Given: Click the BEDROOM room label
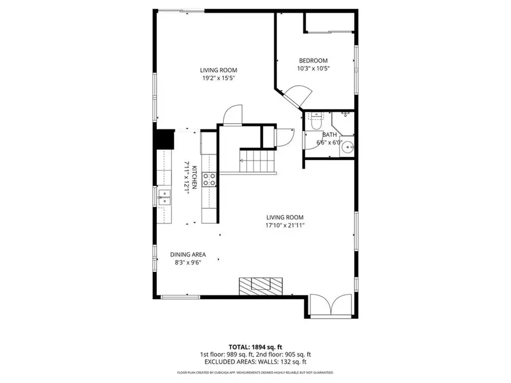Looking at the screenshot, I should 313,61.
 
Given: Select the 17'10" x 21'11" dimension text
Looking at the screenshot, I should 286,225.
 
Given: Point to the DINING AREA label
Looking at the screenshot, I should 188,255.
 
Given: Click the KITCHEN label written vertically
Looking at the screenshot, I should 194,178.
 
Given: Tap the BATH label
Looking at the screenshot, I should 329,134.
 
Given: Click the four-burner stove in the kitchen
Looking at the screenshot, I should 208,179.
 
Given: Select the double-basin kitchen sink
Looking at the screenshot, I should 164,197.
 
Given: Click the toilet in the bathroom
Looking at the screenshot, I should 315,120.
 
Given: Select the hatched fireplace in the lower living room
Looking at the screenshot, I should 260,285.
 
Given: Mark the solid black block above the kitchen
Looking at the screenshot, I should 165,139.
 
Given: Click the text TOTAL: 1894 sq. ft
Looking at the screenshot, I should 255,346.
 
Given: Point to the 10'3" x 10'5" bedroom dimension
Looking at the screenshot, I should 313,69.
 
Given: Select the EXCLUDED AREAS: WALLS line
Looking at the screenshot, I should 255,361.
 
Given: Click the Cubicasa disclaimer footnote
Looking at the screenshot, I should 255,373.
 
